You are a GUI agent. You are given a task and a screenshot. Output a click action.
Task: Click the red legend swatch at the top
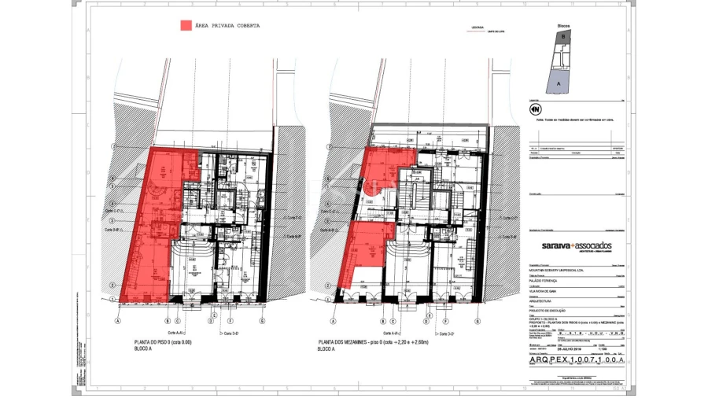pos(186,26)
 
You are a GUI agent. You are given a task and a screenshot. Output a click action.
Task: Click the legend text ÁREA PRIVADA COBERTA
pos(228,26)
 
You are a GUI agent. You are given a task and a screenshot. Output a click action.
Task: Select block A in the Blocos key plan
pos(559,80)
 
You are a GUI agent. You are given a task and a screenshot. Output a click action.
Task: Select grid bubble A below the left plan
pos(118,321)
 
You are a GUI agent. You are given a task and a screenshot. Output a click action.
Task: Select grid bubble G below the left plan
pos(262,321)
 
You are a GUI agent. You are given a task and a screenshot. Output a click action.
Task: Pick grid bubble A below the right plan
pos(333,321)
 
